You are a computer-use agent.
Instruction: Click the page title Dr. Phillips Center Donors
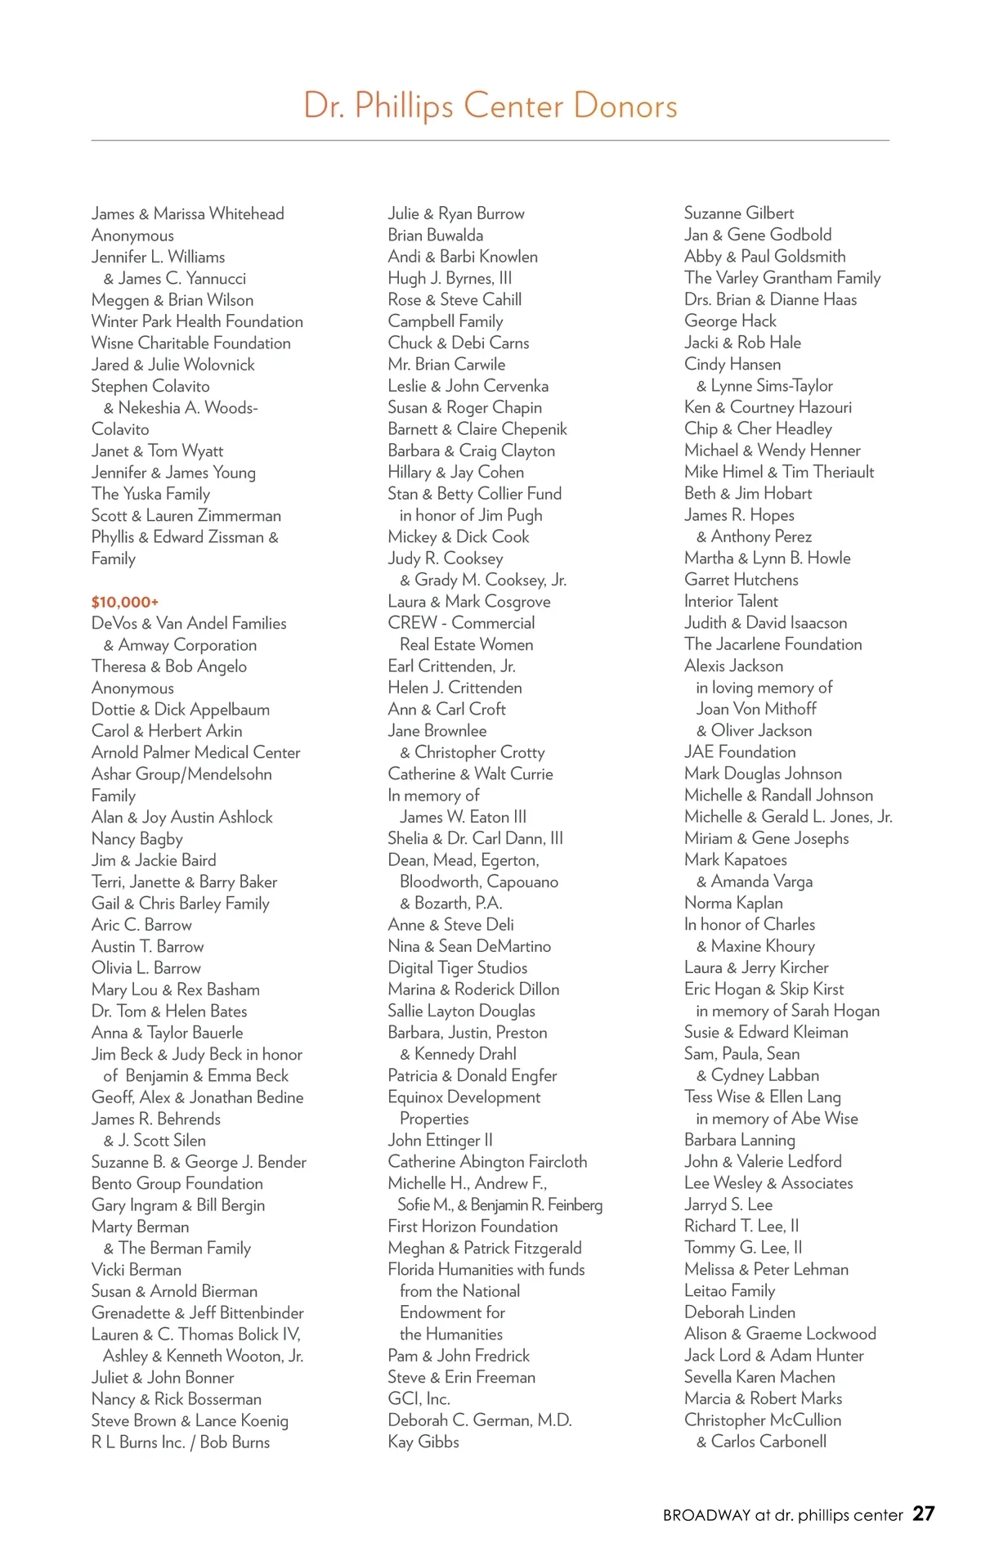pyautogui.click(x=490, y=106)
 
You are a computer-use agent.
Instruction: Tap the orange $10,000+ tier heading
pyautogui.click(x=124, y=602)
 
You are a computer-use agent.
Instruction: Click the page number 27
pyautogui.click(x=923, y=1514)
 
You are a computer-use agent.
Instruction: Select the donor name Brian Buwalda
pyautogui.click(x=435, y=235)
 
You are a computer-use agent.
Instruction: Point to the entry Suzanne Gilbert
pyautogui.click(x=738, y=213)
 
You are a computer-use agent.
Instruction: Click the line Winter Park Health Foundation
pyautogui.click(x=197, y=321)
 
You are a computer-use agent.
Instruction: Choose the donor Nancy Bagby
pyautogui.click(x=137, y=839)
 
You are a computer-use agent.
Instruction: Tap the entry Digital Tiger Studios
pyautogui.click(x=457, y=968)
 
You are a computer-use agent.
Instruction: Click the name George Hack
pyautogui.click(x=730, y=321)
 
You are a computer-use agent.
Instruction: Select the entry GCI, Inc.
pyautogui.click(x=419, y=1399)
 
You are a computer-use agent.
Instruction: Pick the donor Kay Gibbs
pyautogui.click(x=423, y=1442)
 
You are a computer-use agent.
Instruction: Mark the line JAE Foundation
pyautogui.click(x=739, y=752)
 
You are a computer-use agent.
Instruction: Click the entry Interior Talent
pyautogui.click(x=731, y=601)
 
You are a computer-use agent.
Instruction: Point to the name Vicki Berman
pyautogui.click(x=136, y=1270)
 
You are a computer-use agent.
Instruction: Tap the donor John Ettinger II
pyautogui.click(x=440, y=1141)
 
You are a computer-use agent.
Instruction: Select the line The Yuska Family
pyautogui.click(x=150, y=494)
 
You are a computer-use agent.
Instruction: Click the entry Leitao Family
pyautogui.click(x=729, y=1291)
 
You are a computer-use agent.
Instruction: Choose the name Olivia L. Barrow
pyautogui.click(x=146, y=968)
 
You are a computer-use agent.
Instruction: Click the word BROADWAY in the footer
pyautogui.click(x=706, y=1515)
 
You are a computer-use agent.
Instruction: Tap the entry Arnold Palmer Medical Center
pyautogui.click(x=195, y=752)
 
